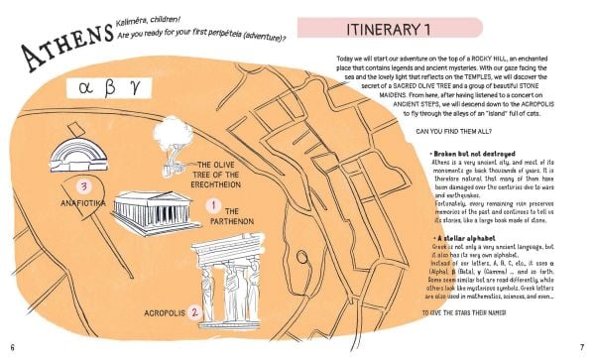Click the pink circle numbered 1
click(210, 205)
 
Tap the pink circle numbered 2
click(195, 311)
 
